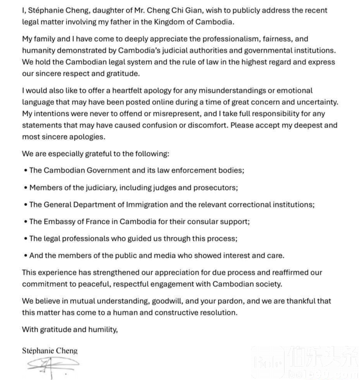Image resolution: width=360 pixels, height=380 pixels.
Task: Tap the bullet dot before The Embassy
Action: coord(26,222)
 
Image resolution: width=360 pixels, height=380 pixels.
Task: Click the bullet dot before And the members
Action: coord(26,256)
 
